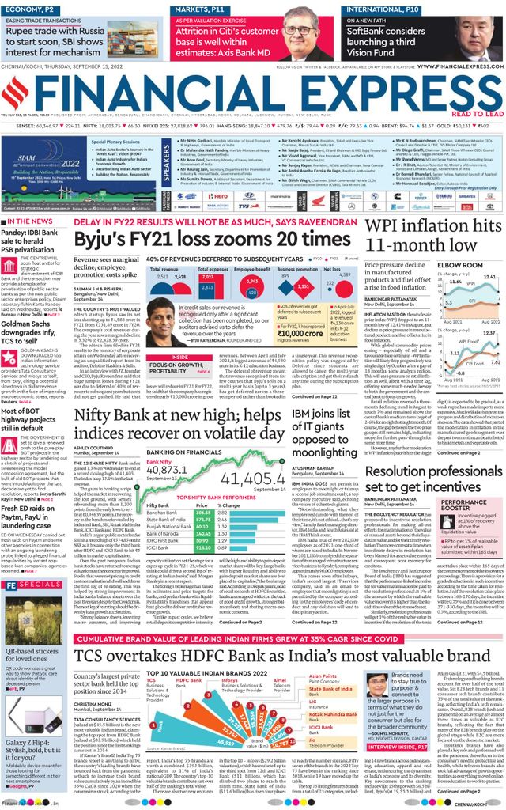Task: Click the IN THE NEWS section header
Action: pos(31,221)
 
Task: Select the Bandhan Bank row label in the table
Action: pos(161,512)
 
